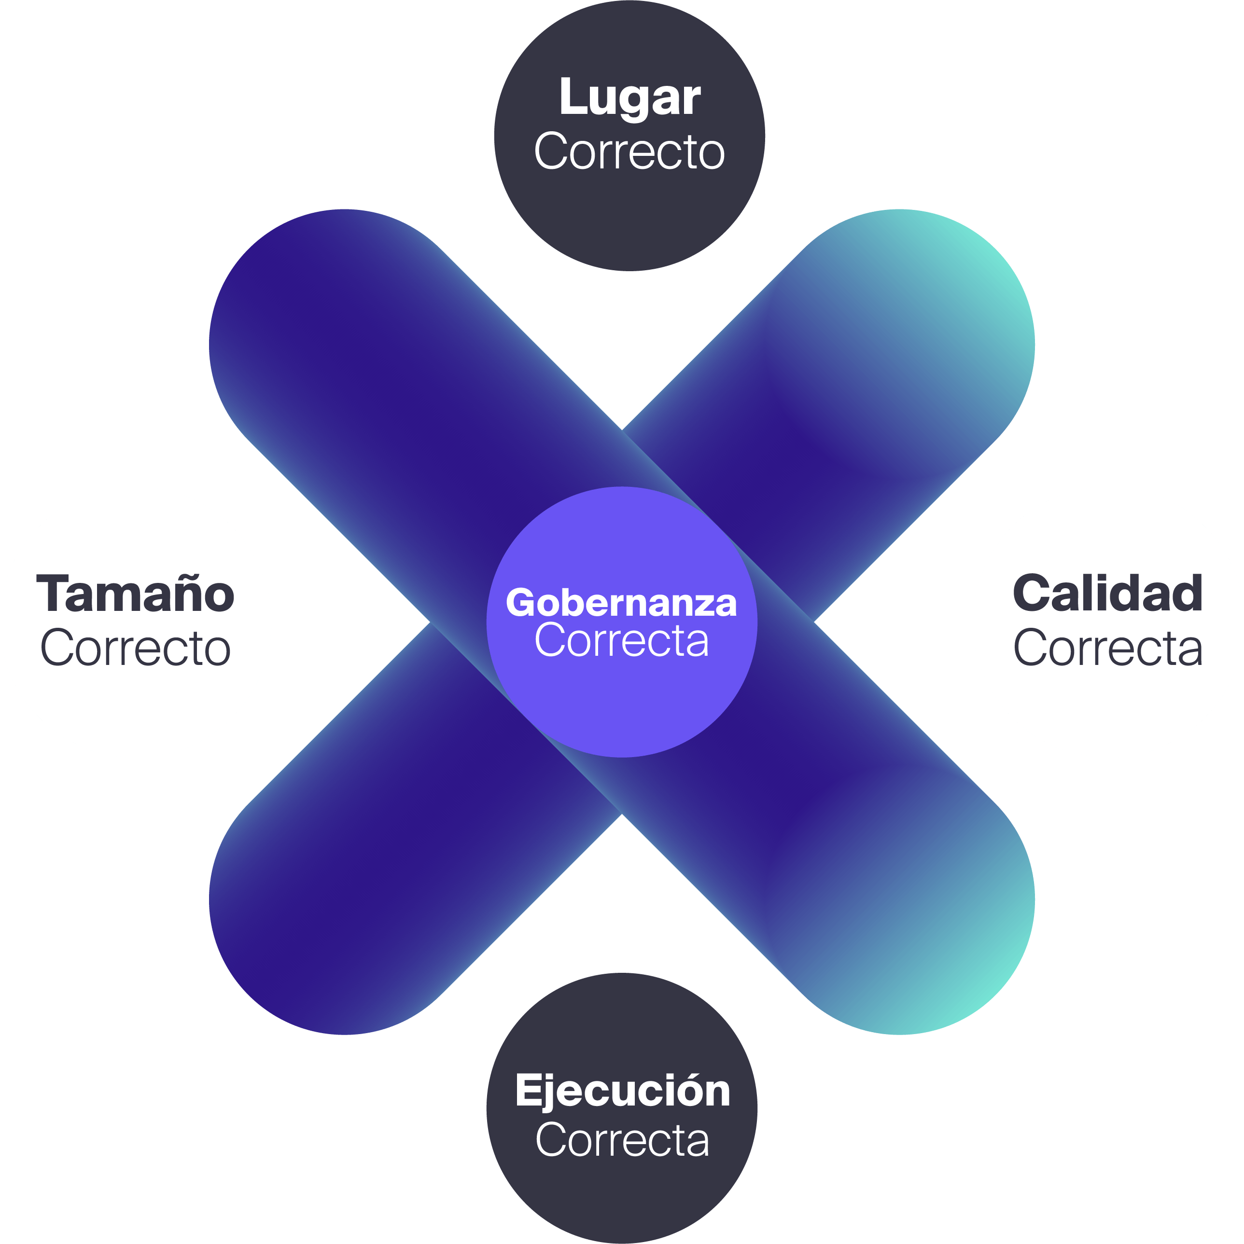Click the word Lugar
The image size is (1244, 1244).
pos(629,98)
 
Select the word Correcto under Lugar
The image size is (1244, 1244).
pos(629,152)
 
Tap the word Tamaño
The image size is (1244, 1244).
pos(135,593)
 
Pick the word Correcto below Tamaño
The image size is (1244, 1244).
pos(135,648)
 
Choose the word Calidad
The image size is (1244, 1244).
pos(1107,593)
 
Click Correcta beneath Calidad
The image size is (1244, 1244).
pos(1107,648)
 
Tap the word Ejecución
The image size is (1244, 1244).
pos(622,1091)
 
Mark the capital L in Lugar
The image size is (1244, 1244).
pos(573,97)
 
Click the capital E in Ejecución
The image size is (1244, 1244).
pos(528,1091)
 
